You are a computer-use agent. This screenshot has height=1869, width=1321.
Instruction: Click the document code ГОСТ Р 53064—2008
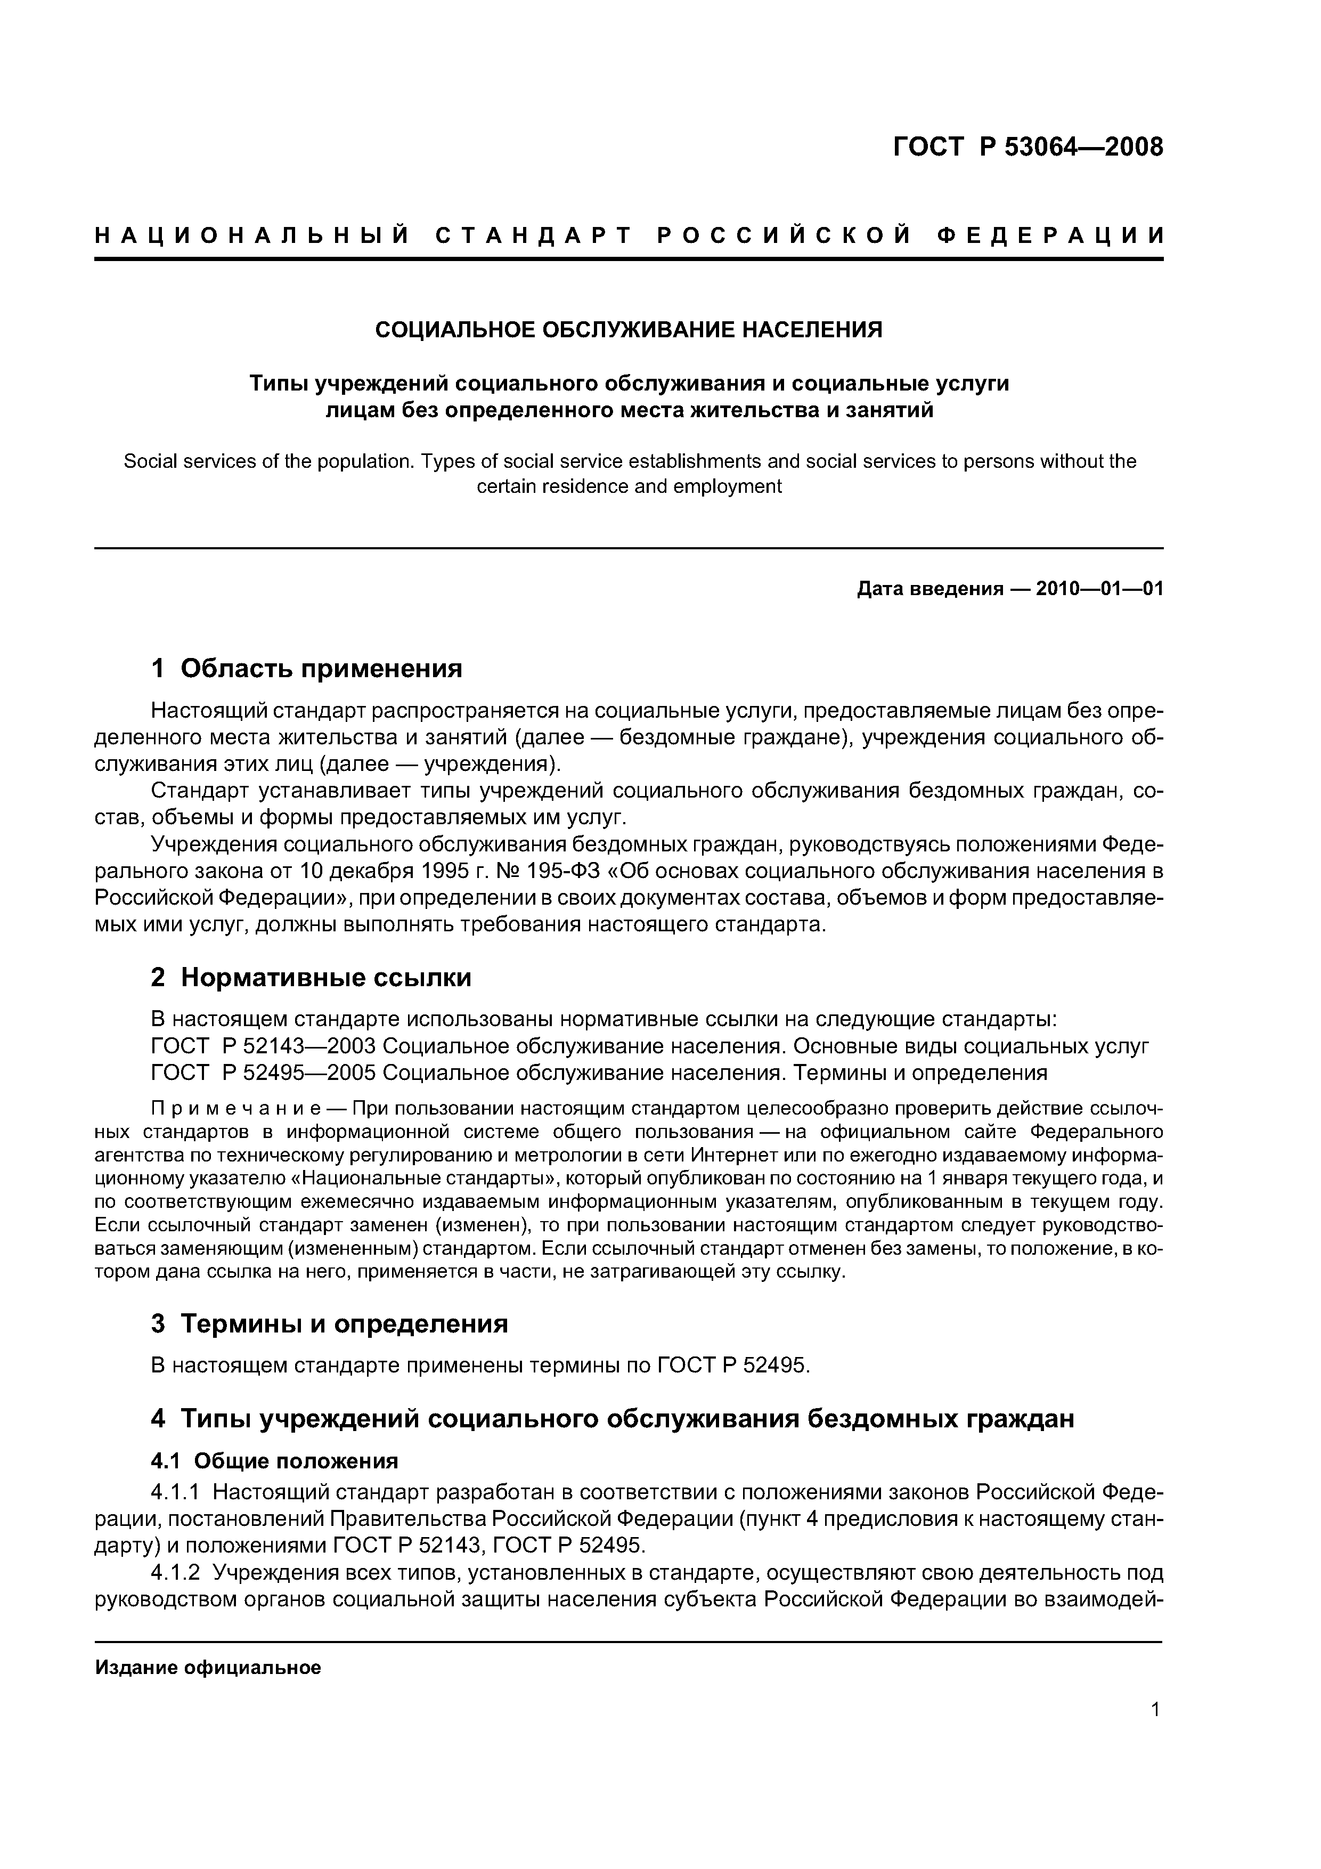pyautogui.click(x=1028, y=148)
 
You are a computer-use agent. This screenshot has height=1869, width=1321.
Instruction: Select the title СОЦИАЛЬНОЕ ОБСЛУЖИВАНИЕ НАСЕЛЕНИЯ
pyautogui.click(x=629, y=330)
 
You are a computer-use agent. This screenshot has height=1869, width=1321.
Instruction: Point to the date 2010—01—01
pyautogui.click(x=1099, y=589)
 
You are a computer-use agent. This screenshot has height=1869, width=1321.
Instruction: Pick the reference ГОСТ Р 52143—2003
pyautogui.click(x=263, y=1046)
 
